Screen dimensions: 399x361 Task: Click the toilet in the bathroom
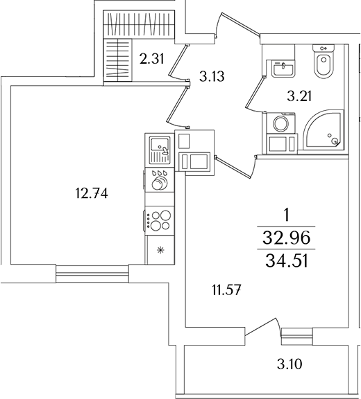[x=323, y=64]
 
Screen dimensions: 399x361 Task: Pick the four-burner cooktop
[x=160, y=220]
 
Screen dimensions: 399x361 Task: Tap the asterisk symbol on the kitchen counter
[x=160, y=250]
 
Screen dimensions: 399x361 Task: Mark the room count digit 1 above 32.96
[x=285, y=215]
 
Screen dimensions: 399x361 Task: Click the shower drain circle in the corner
[x=335, y=142]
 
